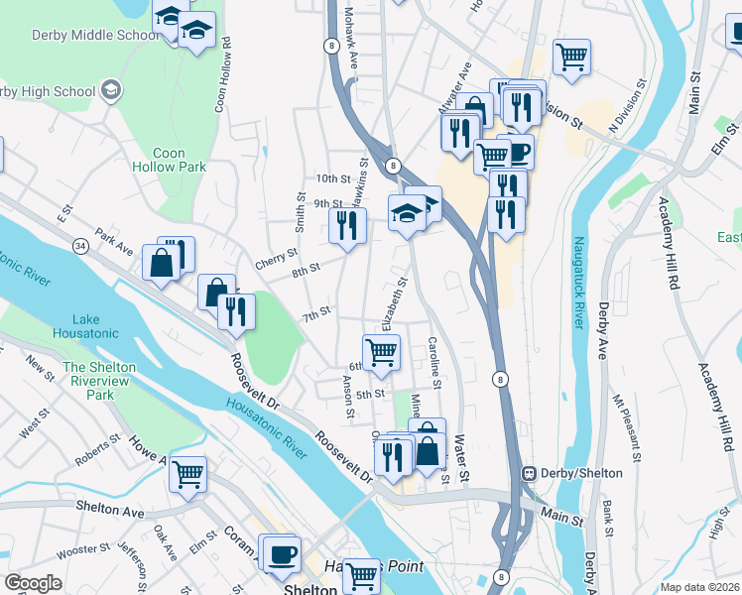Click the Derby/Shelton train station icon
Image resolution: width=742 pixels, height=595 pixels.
pos(531,474)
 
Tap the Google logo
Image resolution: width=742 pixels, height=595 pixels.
pos(33,583)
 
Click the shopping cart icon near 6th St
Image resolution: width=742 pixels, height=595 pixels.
pos(382,352)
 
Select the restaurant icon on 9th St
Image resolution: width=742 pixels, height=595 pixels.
pos(347,225)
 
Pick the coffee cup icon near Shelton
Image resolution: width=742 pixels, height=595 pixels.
pos(280,552)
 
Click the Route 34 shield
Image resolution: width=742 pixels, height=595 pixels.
pos(78,244)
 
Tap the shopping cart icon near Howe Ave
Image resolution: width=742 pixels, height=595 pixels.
pos(187,473)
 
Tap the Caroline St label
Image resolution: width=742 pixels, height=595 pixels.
pos(434,363)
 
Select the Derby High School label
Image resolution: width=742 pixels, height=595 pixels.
pos(50,92)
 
